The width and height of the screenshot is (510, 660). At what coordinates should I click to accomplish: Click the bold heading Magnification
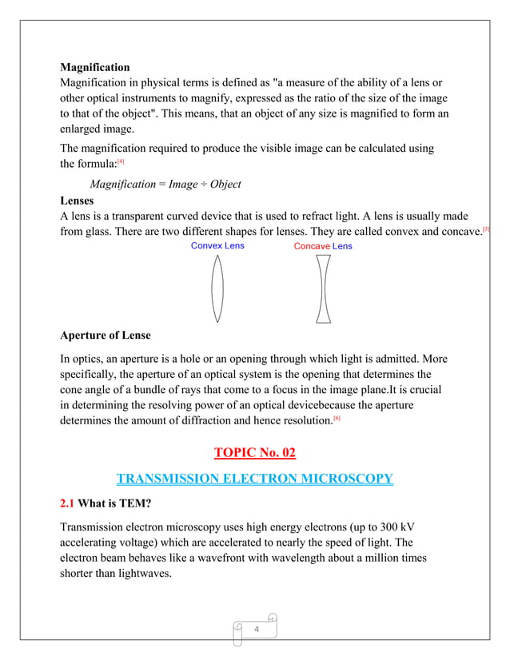tap(95, 67)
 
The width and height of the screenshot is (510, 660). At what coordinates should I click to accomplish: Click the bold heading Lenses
tap(78, 201)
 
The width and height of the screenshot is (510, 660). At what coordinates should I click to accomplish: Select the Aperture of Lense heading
tap(106, 335)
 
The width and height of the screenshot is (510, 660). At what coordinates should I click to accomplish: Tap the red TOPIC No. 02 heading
tap(254, 453)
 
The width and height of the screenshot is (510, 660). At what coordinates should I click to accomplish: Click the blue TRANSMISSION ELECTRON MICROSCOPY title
tap(254, 479)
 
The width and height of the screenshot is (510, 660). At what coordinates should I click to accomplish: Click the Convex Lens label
tap(217, 245)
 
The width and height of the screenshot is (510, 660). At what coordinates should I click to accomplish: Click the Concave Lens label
tap(322, 246)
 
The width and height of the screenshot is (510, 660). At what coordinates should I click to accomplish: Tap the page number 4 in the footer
tap(257, 630)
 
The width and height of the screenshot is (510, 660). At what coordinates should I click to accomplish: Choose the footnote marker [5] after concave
tap(486, 229)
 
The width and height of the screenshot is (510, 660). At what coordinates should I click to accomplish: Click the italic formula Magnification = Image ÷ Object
tap(165, 185)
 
